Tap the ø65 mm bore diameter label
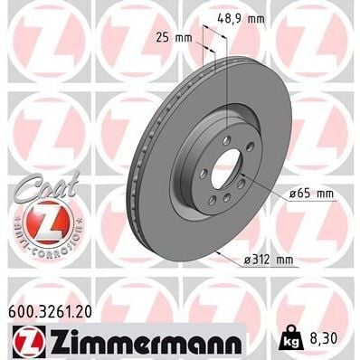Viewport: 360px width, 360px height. (x=313, y=193)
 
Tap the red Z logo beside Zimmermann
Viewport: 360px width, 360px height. (x=24, y=342)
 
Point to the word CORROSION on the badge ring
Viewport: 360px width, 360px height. (x=42, y=246)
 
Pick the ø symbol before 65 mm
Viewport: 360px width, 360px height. (x=294, y=193)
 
